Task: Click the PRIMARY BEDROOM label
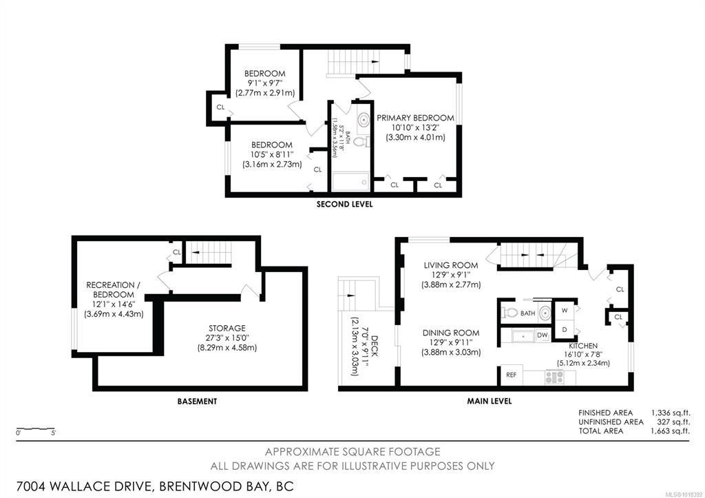coord(415,118)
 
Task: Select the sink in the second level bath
coord(364,120)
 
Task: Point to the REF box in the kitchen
coord(512,375)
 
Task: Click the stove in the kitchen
coord(554,377)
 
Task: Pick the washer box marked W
coord(565,311)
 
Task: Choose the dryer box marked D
coord(565,330)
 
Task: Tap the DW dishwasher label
coord(543,335)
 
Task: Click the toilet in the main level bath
coord(510,312)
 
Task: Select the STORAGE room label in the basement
coord(227,329)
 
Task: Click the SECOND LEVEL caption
coord(344,205)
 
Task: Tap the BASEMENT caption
coord(197,402)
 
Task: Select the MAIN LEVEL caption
coord(490,401)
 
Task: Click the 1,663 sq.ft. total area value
coord(670,431)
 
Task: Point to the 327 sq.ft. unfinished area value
coord(673,422)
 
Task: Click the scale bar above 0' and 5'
coord(36,428)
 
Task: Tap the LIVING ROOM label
coord(451,265)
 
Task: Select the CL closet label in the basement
coord(177,252)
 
